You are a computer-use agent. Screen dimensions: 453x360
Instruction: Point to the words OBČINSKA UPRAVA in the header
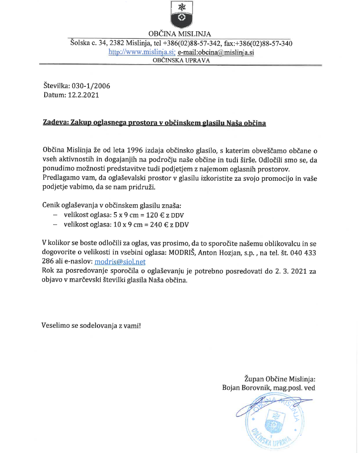point(181,60)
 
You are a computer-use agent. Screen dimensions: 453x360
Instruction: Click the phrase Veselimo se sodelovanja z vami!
point(91,326)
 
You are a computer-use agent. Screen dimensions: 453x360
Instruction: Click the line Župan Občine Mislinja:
point(280,378)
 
